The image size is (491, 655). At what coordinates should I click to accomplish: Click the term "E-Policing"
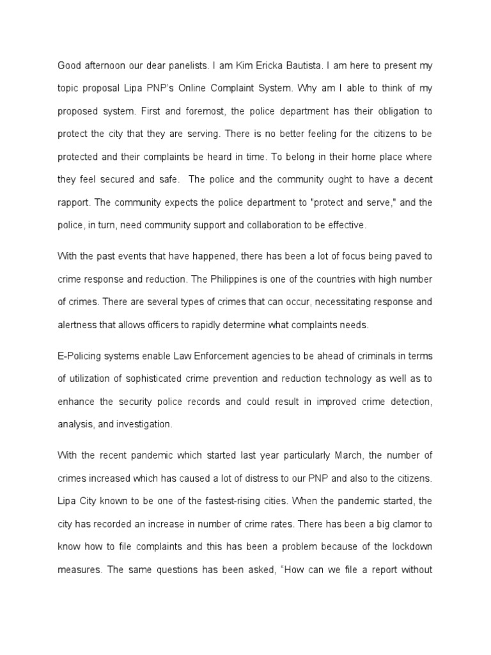80,356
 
